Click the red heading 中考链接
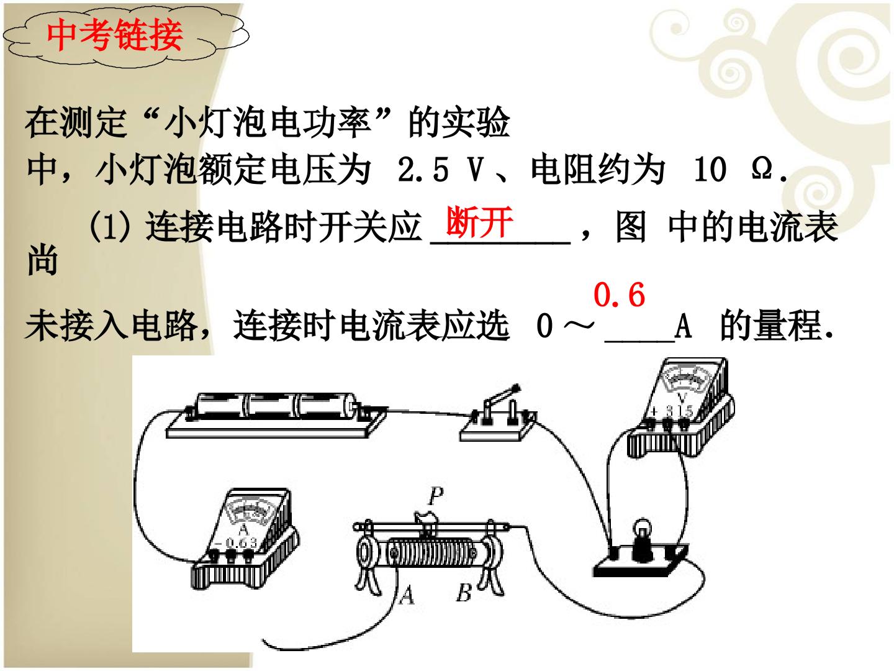[114, 35]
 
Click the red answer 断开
[479, 222]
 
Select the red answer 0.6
[619, 294]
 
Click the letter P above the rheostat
[436, 496]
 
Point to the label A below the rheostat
[407, 596]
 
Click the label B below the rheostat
[464, 592]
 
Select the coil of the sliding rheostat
[431, 553]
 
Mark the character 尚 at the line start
[42, 260]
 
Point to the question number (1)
[110, 226]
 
